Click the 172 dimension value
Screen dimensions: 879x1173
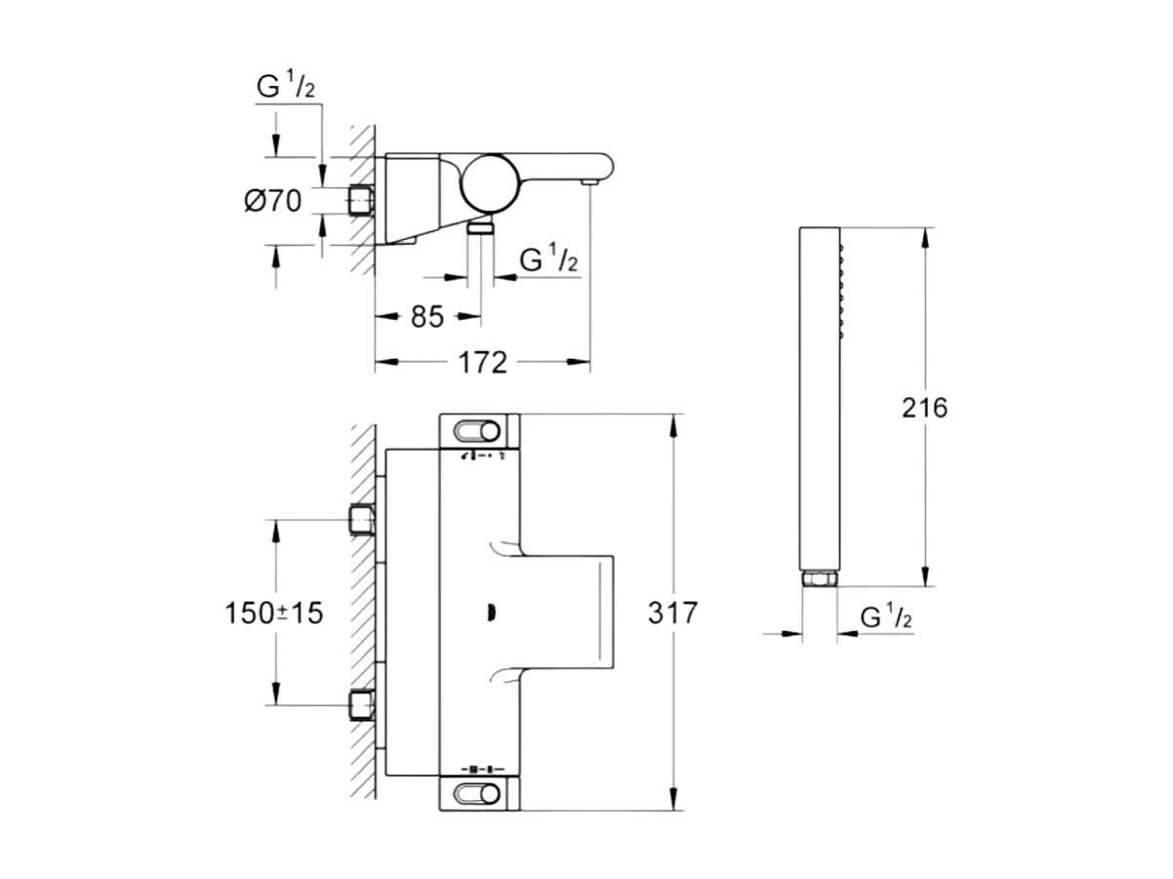coord(484,363)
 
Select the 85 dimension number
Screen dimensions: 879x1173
coord(425,317)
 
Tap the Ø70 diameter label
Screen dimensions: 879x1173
coord(272,202)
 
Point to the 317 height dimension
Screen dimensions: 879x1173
coord(673,614)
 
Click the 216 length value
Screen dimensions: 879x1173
coord(924,407)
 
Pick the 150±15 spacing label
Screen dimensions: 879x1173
coord(273,614)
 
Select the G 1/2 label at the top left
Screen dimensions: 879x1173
coord(285,87)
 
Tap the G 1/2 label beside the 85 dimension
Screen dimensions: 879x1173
coord(549,260)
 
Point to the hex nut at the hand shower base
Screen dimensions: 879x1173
coord(820,579)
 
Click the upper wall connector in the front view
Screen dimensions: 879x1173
coord(362,520)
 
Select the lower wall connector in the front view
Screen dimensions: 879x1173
coord(362,704)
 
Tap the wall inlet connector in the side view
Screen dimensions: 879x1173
coord(360,201)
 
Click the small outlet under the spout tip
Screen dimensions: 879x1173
coord(589,181)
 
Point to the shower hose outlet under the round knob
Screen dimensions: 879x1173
coord(480,227)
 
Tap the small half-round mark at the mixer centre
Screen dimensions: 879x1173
coord(491,613)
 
